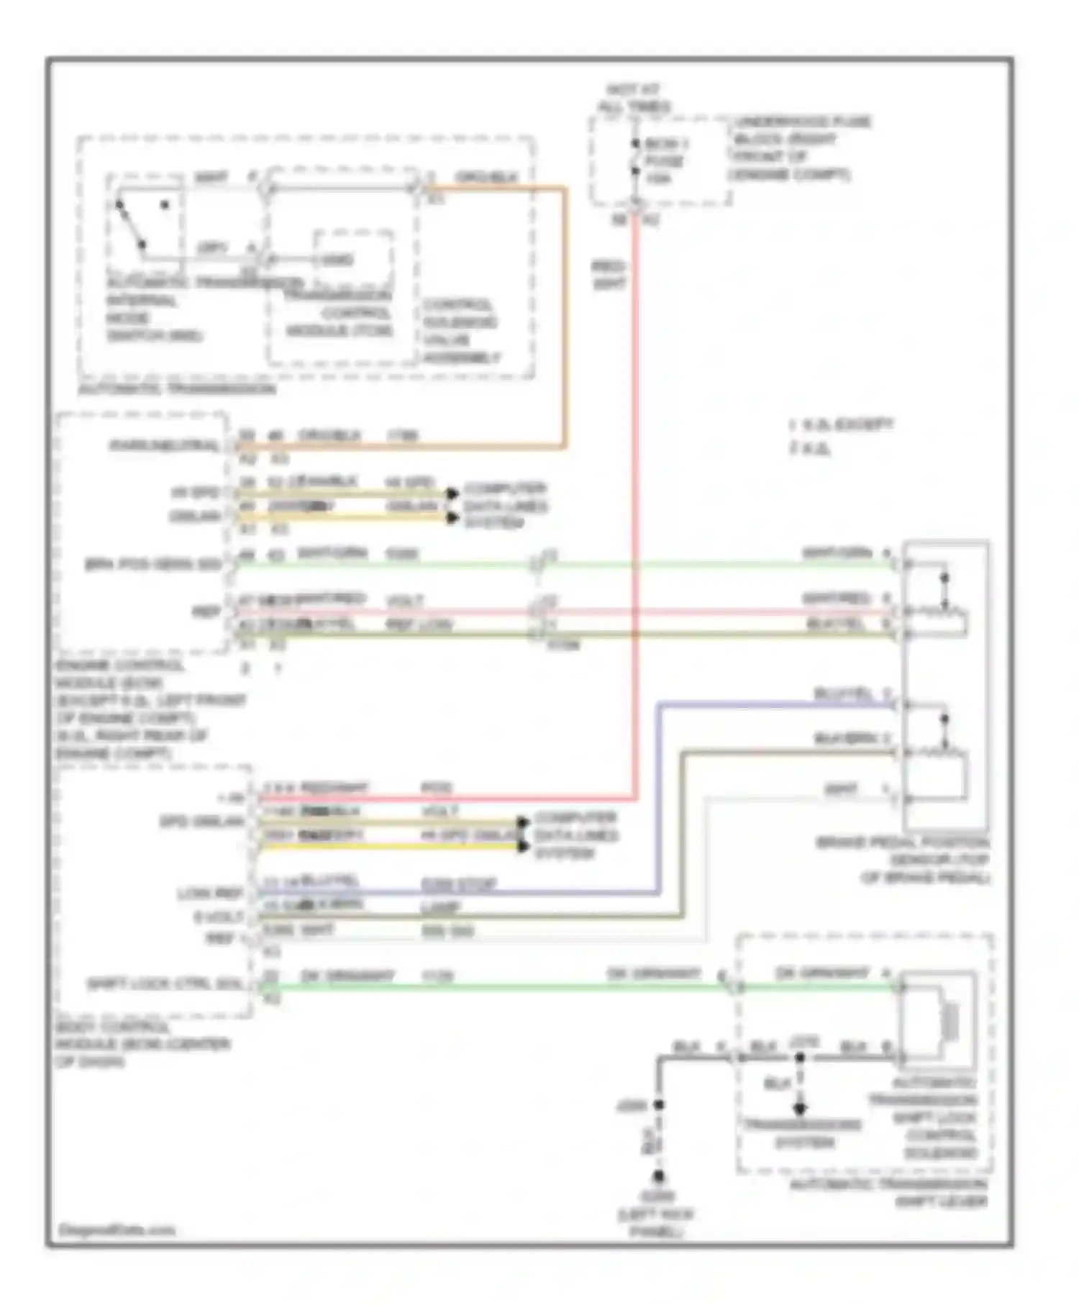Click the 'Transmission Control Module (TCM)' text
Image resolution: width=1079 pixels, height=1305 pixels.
click(x=339, y=313)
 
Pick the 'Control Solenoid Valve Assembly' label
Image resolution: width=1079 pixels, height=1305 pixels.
click(x=461, y=331)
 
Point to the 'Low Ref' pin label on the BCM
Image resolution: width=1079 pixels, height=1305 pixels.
click(x=210, y=894)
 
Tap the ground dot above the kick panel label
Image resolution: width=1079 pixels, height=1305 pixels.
click(x=657, y=1178)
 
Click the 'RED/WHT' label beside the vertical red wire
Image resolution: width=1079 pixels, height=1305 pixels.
click(x=608, y=275)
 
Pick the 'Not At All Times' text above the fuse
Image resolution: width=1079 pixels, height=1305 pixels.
click(x=633, y=99)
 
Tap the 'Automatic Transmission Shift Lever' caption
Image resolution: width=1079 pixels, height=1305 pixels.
click(x=889, y=1192)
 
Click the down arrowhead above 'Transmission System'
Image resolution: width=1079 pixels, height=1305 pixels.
click(x=799, y=1109)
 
